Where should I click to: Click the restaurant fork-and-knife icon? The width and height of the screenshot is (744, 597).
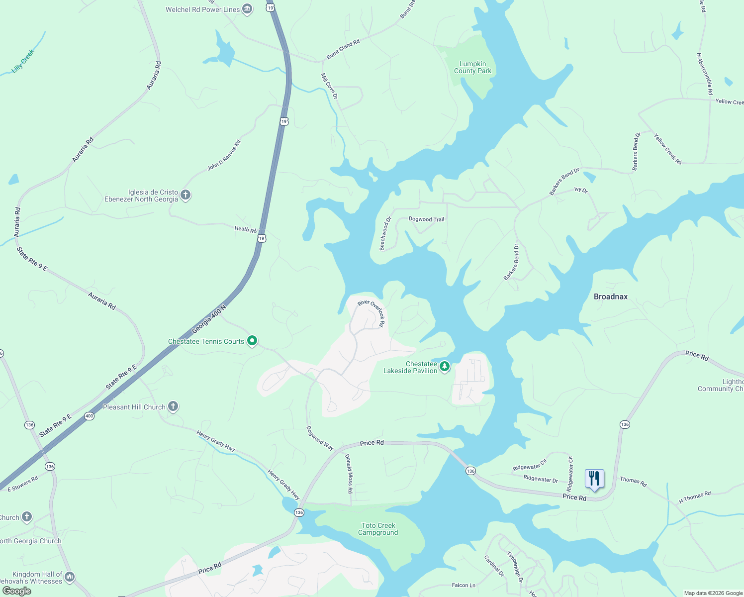(594, 479)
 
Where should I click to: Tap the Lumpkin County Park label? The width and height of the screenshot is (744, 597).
(472, 67)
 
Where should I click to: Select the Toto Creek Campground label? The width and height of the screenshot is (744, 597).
(378, 529)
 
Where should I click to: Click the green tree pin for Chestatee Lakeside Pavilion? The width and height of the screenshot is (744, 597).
(445, 367)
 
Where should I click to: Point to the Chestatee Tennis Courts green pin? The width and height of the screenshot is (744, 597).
(252, 341)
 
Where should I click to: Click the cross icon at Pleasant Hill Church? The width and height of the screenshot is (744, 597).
(173, 406)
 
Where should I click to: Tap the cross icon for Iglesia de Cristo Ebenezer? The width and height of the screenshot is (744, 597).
(186, 195)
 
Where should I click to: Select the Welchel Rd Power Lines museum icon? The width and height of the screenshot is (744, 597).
(247, 9)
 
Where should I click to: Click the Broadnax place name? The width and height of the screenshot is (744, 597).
(610, 297)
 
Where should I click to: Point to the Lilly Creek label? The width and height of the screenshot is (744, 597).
(23, 61)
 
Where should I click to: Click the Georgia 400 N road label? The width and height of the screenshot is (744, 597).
(209, 318)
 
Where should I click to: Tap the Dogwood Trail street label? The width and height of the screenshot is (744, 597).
(426, 219)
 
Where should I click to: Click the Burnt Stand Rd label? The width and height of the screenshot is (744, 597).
(343, 50)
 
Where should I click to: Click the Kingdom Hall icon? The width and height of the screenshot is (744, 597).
(70, 577)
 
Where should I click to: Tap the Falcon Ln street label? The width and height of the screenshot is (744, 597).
(464, 585)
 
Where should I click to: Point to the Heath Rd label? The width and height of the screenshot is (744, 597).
(245, 229)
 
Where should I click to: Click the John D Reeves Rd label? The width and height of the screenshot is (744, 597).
(224, 155)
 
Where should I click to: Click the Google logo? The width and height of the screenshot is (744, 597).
(17, 591)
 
